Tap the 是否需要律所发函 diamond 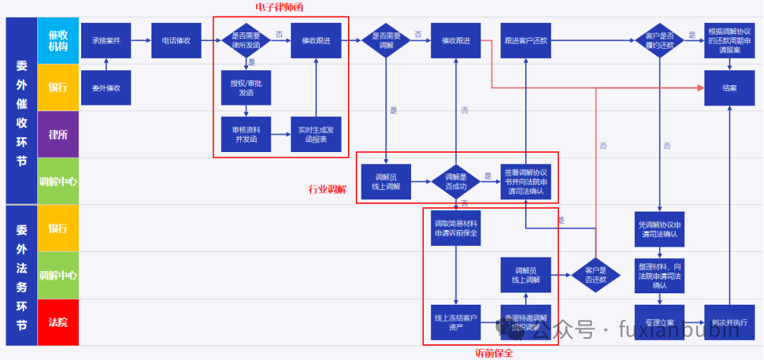pyautogui.click(x=246, y=40)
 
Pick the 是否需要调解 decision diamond pyautogui.click(x=386, y=40)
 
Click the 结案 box pyautogui.click(x=730, y=87)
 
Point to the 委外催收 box pyautogui.click(x=106, y=88)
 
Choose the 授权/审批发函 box pyautogui.click(x=246, y=88)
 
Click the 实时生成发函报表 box pyautogui.click(x=316, y=134)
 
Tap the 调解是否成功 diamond pyautogui.click(x=456, y=181)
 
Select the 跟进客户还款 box pyautogui.click(x=526, y=40)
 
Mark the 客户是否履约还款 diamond pyautogui.click(x=659, y=40)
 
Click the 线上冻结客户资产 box pyautogui.click(x=456, y=322)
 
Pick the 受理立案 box pyautogui.click(x=659, y=322)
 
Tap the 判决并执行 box pyautogui.click(x=730, y=322)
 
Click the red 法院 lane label pyautogui.click(x=57, y=322)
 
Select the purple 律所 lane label pyautogui.click(x=57, y=134)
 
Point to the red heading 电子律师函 pyautogui.click(x=278, y=7)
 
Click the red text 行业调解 pyautogui.click(x=326, y=189)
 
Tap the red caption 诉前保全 pyautogui.click(x=494, y=353)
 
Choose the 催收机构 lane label pyautogui.click(x=57, y=40)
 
